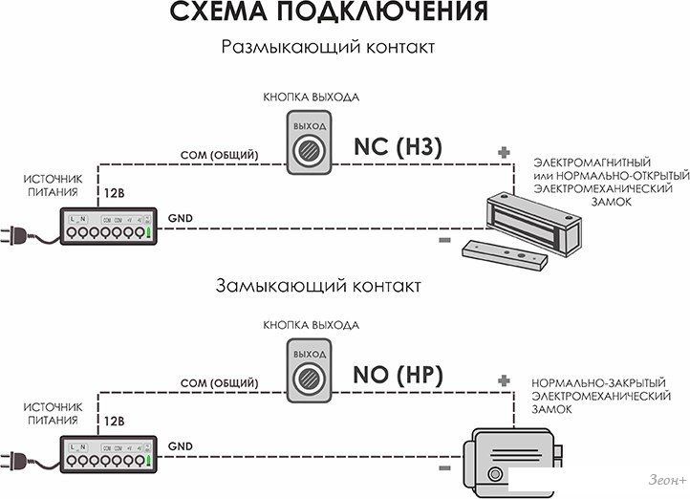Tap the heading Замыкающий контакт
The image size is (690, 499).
click(x=318, y=285)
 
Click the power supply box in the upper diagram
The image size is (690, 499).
click(x=107, y=225)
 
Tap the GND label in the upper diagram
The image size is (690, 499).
click(x=179, y=219)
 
